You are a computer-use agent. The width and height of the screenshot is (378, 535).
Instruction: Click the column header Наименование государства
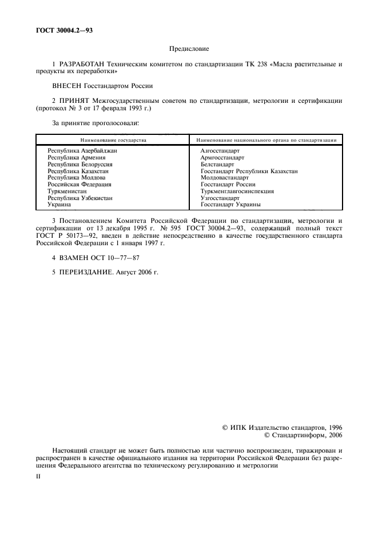click(x=113, y=139)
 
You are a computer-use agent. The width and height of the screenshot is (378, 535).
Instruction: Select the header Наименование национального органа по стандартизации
click(x=266, y=139)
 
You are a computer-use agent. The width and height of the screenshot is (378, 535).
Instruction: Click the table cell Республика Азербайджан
click(x=82, y=150)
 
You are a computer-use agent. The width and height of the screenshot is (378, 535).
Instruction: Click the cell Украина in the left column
click(x=59, y=204)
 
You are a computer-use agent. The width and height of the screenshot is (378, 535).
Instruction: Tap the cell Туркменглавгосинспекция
click(x=237, y=191)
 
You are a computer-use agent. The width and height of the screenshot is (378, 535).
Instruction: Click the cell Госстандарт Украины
click(x=230, y=204)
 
